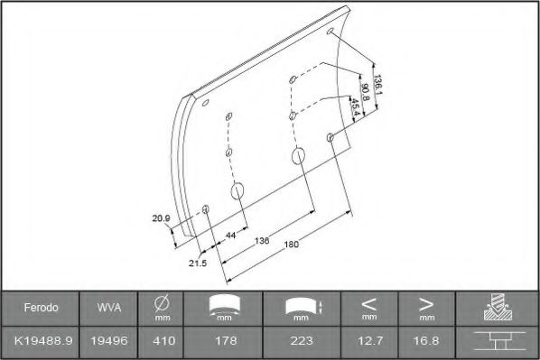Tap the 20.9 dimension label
tap(162, 217)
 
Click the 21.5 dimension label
tap(198, 263)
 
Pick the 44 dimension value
tap(231, 235)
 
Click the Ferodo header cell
tap(41, 308)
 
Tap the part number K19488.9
tap(41, 342)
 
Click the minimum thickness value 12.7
tap(368, 342)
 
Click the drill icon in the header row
tap(498, 308)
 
